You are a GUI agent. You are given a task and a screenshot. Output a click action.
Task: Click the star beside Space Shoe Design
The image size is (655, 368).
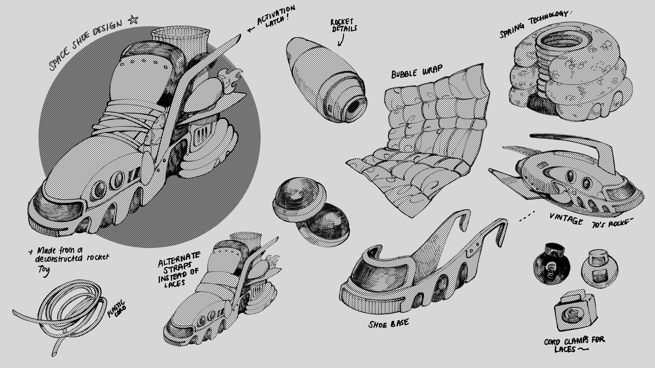click(133, 20)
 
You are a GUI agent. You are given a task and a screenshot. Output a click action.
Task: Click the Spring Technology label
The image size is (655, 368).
click(534, 24)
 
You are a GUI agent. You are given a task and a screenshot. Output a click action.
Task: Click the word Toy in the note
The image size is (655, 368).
click(43, 271)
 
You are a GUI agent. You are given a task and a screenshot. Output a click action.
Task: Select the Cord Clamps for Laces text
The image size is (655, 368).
click(574, 344)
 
